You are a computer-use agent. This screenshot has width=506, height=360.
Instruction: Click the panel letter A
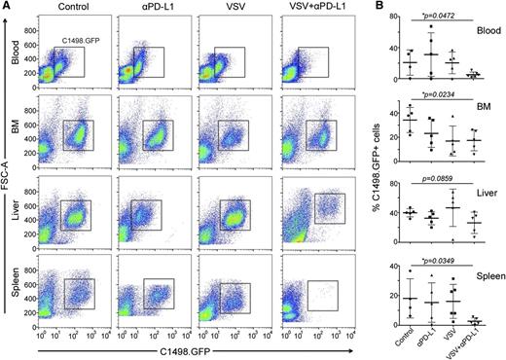point(8,7)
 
